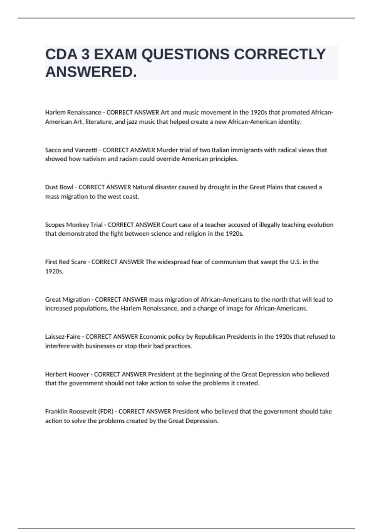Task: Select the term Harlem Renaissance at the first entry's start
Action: pyautogui.click(x=73, y=112)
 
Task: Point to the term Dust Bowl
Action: pyautogui.click(x=59, y=187)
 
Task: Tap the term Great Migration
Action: pyautogui.click(x=67, y=299)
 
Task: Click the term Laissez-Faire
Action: pyautogui.click(x=63, y=337)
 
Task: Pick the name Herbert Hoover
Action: pyautogui.click(x=67, y=374)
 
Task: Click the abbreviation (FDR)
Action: pyautogui.click(x=106, y=411)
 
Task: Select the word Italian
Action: pyautogui.click(x=221, y=150)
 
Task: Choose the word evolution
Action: pyautogui.click(x=320, y=225)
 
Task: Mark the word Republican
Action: pyautogui.click(x=210, y=337)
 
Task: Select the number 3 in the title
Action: pyautogui.click(x=85, y=54)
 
